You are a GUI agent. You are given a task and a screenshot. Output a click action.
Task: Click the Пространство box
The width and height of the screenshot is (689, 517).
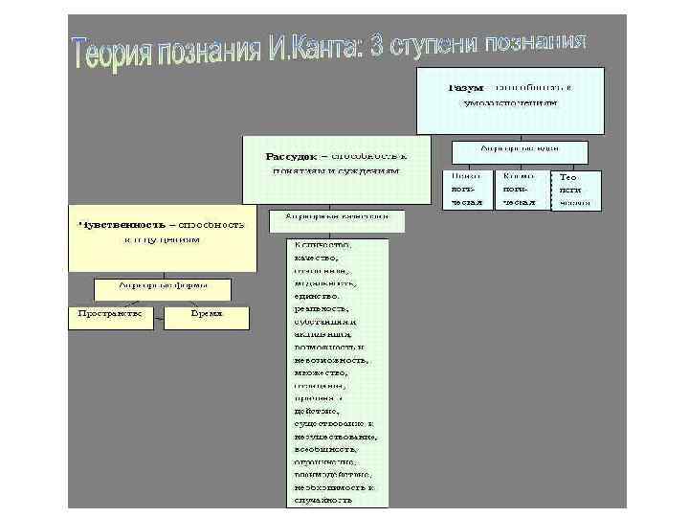click(110, 314)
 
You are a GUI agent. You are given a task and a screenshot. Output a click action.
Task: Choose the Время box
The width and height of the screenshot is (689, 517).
click(206, 314)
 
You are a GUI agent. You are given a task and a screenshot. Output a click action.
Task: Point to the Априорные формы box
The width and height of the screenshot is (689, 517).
click(163, 285)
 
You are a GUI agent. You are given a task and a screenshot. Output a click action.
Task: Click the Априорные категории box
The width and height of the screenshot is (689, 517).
click(337, 218)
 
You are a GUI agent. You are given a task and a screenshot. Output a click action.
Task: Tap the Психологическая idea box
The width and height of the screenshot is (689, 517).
click(467, 190)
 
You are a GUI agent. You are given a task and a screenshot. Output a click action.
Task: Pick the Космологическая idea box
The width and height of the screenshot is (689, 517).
click(519, 190)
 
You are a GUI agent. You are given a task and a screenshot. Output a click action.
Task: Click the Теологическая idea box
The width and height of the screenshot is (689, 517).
click(575, 191)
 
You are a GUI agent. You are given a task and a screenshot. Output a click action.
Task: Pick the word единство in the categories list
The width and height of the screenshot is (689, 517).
click(317, 297)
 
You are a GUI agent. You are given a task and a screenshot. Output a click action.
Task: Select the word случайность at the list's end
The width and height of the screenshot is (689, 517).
click(323, 500)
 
